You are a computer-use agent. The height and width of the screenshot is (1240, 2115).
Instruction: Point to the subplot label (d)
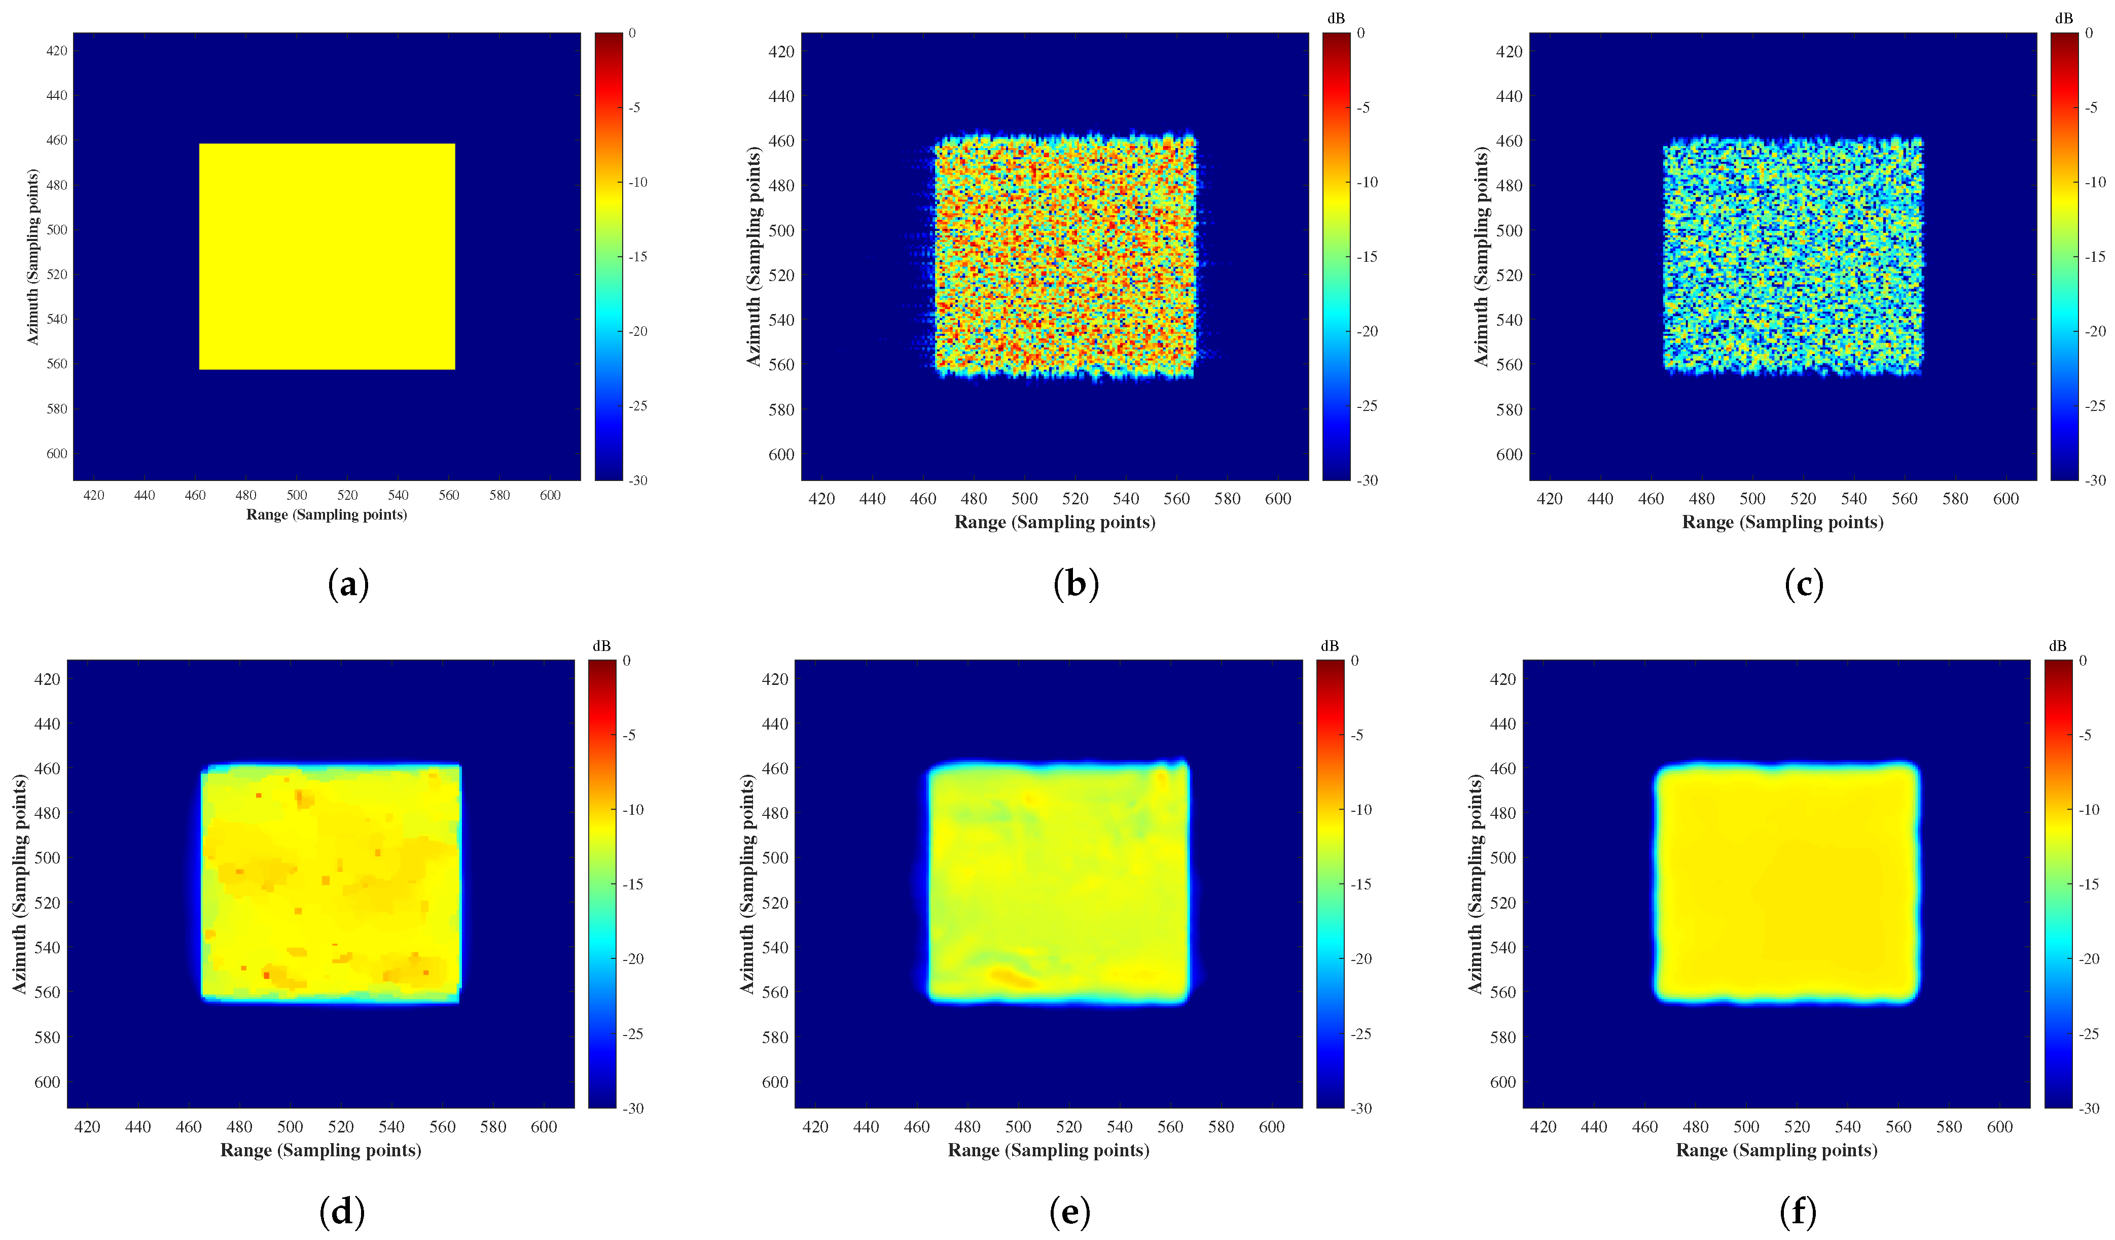(342, 1212)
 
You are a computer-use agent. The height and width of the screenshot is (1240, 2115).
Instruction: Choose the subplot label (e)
(1069, 1212)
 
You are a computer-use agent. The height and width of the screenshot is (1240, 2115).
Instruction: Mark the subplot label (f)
(1798, 1212)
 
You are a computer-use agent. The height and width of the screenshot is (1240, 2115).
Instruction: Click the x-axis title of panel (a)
(327, 514)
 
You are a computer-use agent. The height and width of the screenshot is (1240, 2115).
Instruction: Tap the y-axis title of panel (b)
(754, 257)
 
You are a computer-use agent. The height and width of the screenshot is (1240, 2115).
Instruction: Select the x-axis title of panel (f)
(1776, 1150)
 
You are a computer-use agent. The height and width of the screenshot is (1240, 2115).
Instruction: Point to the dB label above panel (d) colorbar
(602, 645)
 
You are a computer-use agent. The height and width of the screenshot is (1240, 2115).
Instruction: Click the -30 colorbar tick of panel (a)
(639, 480)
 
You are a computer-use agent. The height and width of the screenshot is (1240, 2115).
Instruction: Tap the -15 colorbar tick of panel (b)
(1367, 257)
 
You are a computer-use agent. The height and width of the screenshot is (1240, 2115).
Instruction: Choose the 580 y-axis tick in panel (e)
(775, 1038)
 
